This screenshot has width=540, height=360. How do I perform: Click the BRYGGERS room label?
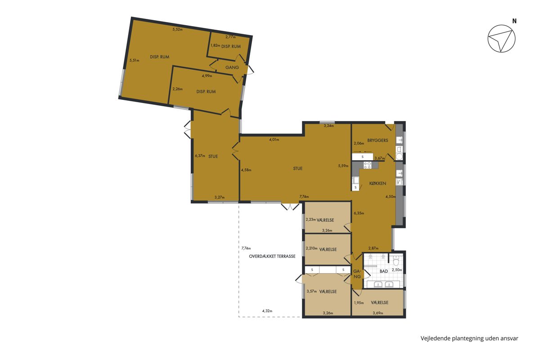[x=378, y=140]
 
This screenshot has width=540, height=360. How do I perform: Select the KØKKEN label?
[x=378, y=184]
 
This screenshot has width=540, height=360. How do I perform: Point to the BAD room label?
[x=384, y=271]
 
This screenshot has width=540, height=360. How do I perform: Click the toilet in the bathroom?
[x=396, y=261]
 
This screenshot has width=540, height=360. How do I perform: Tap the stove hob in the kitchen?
[x=368, y=166]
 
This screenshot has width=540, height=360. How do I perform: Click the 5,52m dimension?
[x=177, y=29]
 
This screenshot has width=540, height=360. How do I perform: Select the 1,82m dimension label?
[x=215, y=45]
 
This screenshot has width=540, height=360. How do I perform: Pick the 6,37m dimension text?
[x=200, y=156]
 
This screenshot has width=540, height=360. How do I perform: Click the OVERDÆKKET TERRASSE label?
[x=272, y=256]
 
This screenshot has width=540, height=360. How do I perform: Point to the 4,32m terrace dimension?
[x=267, y=311]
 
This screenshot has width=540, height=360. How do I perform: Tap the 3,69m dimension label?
[x=378, y=313]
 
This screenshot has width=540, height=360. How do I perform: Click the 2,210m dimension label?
[x=311, y=248]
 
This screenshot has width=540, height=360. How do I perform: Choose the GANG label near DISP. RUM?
[x=232, y=67]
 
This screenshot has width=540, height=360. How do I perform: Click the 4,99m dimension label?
[x=207, y=76]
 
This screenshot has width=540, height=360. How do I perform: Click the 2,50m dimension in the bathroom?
[x=397, y=270]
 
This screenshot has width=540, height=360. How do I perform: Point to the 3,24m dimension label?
[x=328, y=126]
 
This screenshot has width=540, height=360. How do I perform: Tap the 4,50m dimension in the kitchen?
[x=391, y=197]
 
